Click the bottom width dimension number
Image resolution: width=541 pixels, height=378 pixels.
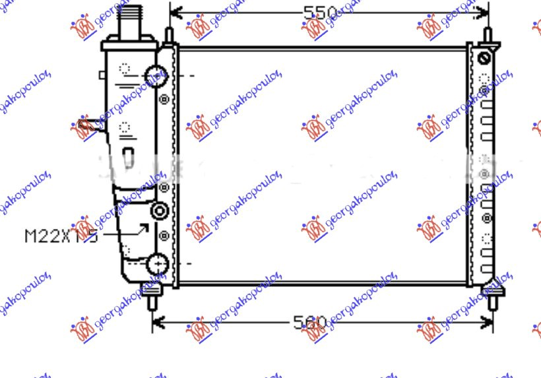click(310, 323)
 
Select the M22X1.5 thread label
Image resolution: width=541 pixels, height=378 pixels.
click(61, 236)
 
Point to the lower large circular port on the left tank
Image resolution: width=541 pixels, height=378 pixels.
click(158, 265)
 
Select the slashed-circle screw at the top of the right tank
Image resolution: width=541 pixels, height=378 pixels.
click(484, 58)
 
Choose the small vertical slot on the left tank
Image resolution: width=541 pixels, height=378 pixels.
click(128, 157)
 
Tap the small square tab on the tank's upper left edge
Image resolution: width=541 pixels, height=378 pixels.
click(102, 75)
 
